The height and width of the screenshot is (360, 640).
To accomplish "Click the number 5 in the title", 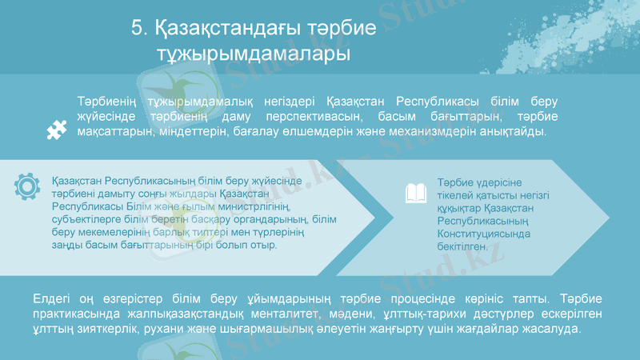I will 137,30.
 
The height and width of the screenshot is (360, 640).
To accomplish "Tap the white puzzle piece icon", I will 56,130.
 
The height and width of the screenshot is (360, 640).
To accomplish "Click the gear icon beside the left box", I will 27,185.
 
